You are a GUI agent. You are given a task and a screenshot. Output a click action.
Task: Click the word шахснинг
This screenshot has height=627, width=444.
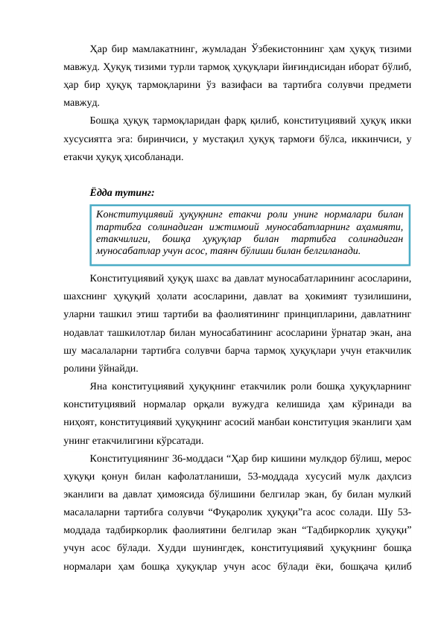point(83,297)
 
